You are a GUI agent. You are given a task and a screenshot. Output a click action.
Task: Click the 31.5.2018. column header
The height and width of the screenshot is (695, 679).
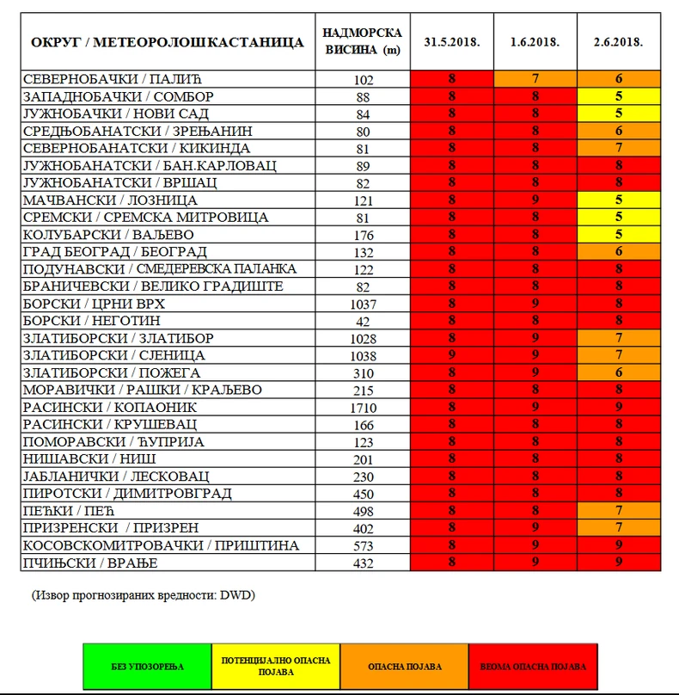click(x=452, y=41)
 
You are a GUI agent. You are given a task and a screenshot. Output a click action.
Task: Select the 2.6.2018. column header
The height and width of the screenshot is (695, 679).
click(x=619, y=41)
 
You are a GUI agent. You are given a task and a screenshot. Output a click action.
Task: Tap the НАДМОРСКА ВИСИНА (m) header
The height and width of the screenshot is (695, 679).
click(x=364, y=41)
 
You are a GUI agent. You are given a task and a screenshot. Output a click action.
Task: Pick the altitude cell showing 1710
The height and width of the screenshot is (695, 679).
click(x=364, y=407)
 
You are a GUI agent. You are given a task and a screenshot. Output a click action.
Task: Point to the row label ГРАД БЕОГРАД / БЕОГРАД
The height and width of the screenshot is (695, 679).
click(x=115, y=251)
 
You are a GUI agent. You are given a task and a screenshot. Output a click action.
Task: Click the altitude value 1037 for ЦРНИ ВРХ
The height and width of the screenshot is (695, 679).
click(x=364, y=304)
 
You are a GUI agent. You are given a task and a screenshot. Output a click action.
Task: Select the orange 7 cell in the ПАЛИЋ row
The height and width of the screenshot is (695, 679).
click(x=535, y=79)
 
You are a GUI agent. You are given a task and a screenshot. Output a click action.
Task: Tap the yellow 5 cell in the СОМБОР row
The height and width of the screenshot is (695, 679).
click(x=619, y=96)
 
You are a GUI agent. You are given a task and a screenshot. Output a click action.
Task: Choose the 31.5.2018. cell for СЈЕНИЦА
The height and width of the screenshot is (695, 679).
click(x=452, y=355)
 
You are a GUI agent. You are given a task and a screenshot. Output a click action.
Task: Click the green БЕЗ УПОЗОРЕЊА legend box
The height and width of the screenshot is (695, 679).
click(x=147, y=666)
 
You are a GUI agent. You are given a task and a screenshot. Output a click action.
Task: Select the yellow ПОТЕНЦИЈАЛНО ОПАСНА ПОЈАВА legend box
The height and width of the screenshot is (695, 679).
click(x=276, y=666)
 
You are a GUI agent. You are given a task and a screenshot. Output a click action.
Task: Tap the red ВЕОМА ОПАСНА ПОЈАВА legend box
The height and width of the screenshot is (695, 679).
click(x=534, y=666)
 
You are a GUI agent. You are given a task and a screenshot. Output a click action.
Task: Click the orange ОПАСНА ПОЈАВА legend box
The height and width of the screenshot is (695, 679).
click(x=405, y=666)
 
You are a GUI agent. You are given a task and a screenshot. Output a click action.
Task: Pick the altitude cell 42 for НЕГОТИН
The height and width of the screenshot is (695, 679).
click(x=364, y=321)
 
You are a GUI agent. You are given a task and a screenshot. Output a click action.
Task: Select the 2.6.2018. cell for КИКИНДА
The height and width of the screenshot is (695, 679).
click(x=619, y=148)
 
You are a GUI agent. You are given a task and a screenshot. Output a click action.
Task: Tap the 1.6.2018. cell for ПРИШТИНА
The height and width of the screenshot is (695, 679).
click(x=535, y=545)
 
